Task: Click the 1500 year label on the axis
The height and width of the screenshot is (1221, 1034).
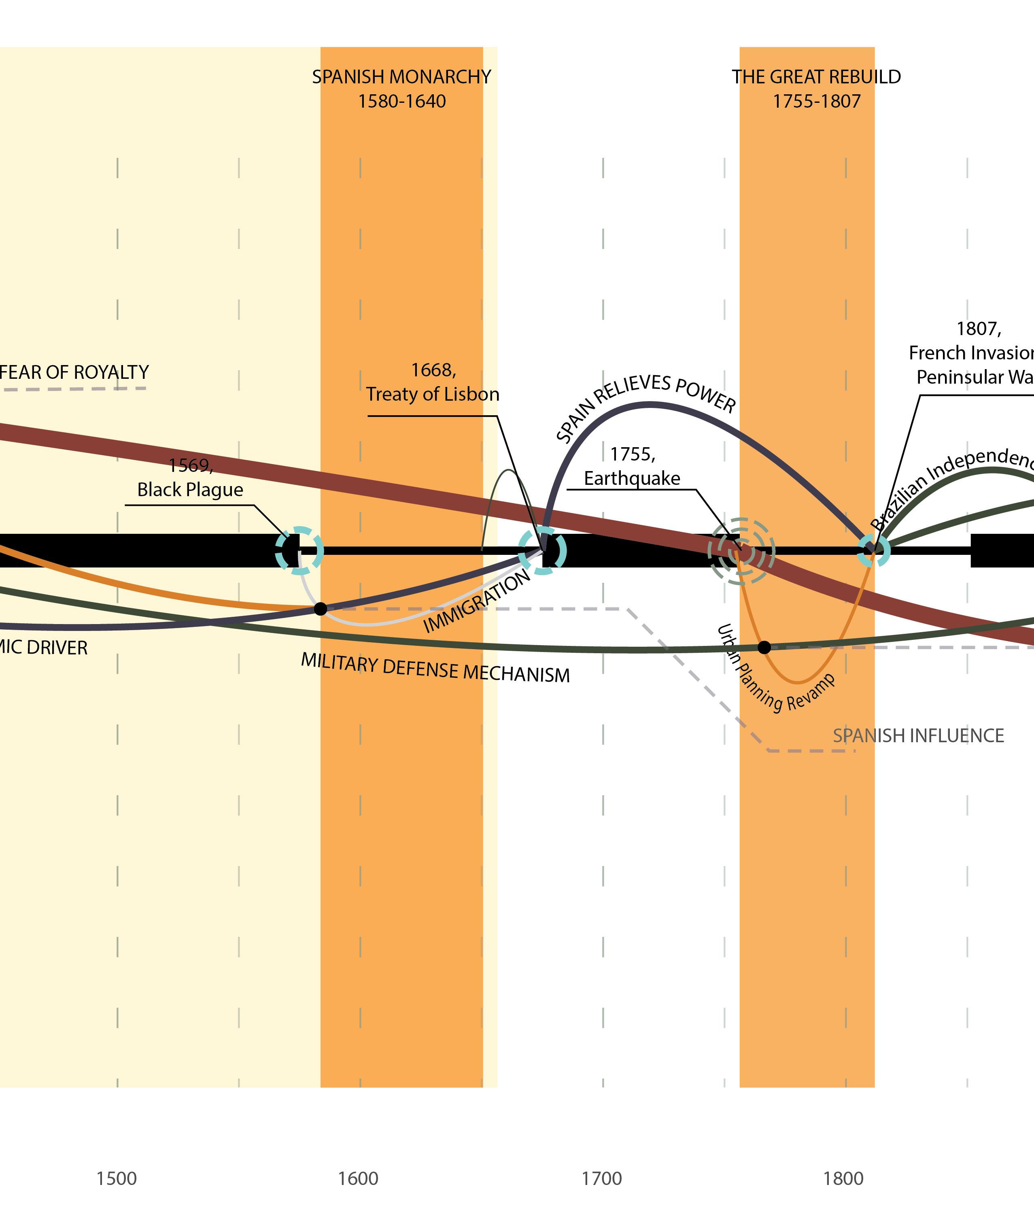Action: tap(116, 1178)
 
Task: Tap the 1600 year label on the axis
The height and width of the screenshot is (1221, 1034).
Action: tap(358, 1178)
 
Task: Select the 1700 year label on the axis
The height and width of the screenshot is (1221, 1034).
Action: tap(601, 1178)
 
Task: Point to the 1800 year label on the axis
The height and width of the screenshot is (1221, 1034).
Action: tap(843, 1178)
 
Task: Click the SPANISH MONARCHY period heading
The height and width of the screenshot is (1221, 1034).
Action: tap(401, 77)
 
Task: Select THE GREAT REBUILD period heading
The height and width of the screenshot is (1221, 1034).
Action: tap(816, 77)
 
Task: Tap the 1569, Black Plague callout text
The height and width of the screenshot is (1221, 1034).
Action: tap(190, 477)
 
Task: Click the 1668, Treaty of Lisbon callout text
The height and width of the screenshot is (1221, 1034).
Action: tap(433, 382)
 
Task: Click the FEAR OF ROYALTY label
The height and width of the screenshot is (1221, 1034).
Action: tap(74, 372)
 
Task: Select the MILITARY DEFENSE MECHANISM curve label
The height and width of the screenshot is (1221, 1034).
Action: tap(435, 668)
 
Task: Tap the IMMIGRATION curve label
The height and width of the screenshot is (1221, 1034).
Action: tap(477, 601)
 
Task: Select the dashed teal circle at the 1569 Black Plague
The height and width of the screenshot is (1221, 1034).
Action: tap(299, 550)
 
